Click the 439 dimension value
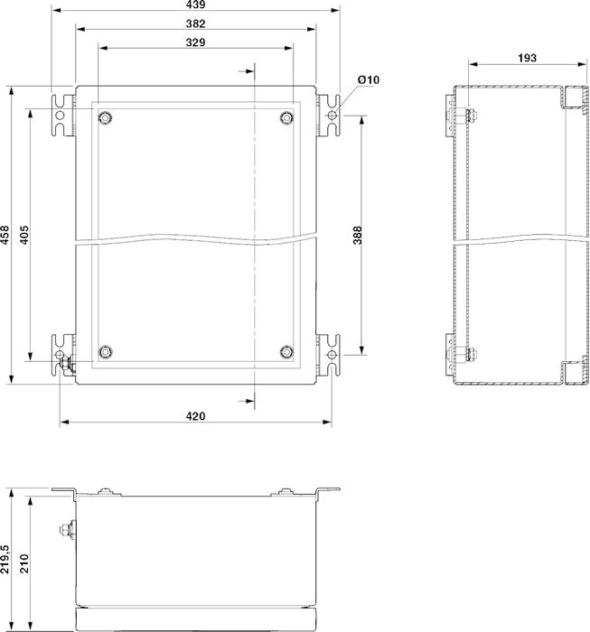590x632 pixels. pyautogui.click(x=195, y=5)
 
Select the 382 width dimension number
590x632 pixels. pyautogui.click(x=195, y=23)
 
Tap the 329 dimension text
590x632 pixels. pyautogui.click(x=195, y=42)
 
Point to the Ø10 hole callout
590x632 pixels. pyautogui.click(x=369, y=79)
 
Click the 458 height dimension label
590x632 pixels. pyautogui.click(x=5, y=235)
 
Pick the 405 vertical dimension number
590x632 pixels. pyautogui.click(x=24, y=235)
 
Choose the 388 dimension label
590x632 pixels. pyautogui.click(x=358, y=236)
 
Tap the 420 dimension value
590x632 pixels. pyautogui.click(x=195, y=416)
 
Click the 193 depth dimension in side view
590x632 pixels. pyautogui.click(x=527, y=58)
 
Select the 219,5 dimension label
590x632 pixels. pyautogui.click(x=5, y=559)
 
